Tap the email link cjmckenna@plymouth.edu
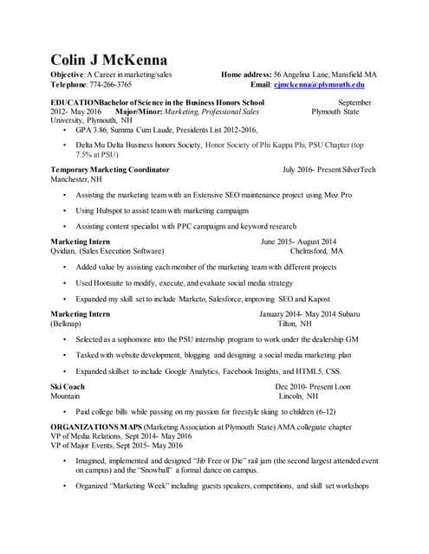[x=319, y=86]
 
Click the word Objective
[x=68, y=76]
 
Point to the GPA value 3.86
[x=99, y=129]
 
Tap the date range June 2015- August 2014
[x=298, y=242]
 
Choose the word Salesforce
[x=222, y=299]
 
